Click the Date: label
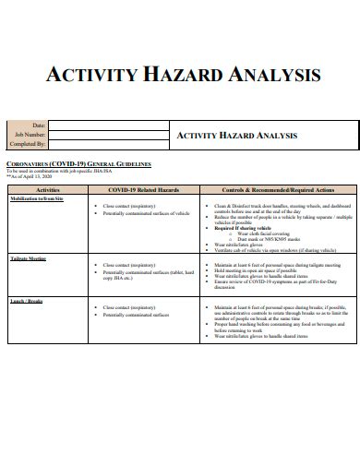(x=39, y=125)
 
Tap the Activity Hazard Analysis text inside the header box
(x=237, y=135)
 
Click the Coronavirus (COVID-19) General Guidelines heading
(x=78, y=163)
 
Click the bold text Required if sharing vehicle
(x=244, y=226)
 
